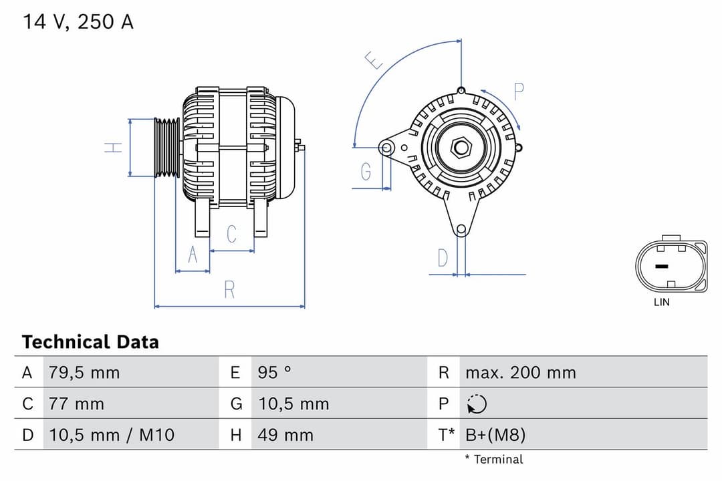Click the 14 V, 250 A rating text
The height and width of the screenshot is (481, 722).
tap(78, 22)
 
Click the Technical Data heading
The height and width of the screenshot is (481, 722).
tap(90, 342)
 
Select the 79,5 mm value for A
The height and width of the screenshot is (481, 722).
tap(84, 372)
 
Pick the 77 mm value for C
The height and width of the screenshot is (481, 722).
tap(76, 404)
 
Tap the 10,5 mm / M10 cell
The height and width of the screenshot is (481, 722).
tap(111, 435)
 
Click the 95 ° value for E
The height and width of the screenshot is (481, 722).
tap(274, 372)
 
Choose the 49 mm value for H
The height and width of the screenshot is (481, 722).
tap(285, 435)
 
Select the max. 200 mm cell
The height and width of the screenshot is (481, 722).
tap(520, 372)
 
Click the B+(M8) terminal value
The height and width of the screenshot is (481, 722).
tap(495, 435)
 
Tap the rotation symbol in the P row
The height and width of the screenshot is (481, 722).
tap(477, 404)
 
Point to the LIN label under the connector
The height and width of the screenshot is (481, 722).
tap(661, 302)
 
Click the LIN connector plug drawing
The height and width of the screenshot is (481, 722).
tap(671, 265)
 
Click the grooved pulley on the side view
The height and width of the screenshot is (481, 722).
tap(167, 148)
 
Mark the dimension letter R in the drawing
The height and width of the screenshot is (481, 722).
tap(229, 290)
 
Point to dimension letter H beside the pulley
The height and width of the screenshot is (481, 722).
tap(115, 147)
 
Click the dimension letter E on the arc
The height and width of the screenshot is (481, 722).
tap(375, 61)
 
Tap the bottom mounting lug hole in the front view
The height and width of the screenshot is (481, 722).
tap(461, 230)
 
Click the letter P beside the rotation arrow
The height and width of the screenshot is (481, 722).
tap(519, 92)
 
